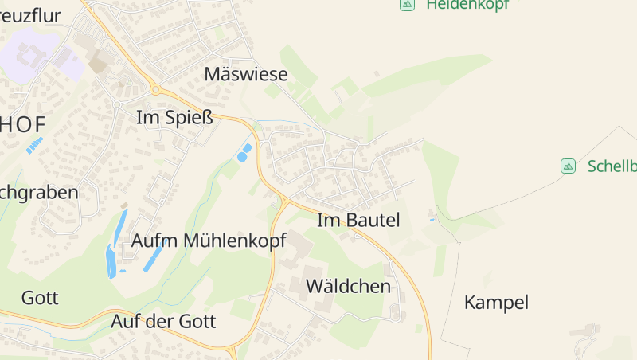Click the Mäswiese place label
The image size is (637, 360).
[245, 74]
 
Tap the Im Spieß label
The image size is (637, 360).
[175, 118]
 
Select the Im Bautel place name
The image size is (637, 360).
[358, 220]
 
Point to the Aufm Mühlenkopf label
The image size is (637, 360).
[209, 241]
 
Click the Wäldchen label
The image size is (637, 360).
[348, 286]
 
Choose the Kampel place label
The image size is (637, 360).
[496, 303]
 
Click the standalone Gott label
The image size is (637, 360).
[40, 299]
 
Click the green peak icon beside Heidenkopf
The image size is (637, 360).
[408, 4]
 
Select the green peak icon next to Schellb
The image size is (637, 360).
[568, 166]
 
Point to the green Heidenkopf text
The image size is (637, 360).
[467, 5]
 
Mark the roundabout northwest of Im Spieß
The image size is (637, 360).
[156, 89]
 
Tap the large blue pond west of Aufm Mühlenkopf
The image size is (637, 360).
[111, 261]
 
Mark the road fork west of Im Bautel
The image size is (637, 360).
[284, 200]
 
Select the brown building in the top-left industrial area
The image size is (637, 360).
[99, 63]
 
